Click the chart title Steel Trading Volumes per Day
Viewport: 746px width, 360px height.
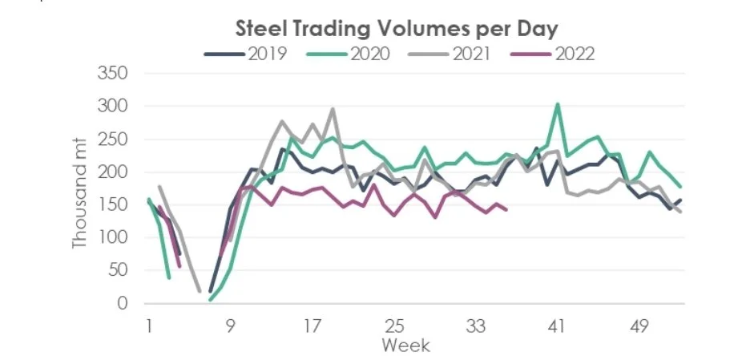coord(397,28)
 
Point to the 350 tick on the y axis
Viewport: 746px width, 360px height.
coord(112,73)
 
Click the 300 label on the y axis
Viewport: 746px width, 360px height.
coord(112,106)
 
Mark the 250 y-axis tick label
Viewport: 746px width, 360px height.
coord(112,139)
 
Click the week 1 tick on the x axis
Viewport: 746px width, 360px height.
coord(149,326)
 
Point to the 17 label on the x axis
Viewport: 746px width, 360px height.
coord(313,326)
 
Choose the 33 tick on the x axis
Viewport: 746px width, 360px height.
coord(476,326)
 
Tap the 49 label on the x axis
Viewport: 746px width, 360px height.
coord(639,326)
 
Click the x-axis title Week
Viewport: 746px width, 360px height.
coord(405,346)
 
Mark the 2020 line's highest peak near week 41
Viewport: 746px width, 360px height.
coord(558,104)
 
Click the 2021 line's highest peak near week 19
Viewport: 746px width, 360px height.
coord(333,109)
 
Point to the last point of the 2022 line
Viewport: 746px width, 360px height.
coord(507,210)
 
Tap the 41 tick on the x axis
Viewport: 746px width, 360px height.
coord(558,326)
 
